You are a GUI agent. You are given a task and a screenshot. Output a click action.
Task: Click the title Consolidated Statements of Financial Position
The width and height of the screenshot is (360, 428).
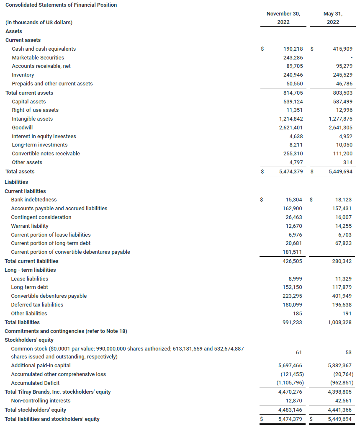coord(61,5)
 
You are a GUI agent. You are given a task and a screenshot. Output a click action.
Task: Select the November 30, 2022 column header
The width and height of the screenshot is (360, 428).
coord(283,18)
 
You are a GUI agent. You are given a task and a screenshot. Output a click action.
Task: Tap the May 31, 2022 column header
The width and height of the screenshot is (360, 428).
coord(333,18)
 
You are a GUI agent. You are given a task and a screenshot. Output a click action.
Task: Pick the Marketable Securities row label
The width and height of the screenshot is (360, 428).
coord(38,58)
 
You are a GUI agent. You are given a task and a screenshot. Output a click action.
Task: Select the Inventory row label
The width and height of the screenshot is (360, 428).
coord(23,75)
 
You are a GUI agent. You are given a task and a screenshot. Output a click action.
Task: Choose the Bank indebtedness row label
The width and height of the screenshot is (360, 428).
coord(34,200)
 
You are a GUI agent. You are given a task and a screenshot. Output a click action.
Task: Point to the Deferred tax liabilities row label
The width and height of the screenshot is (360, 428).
coord(37,305)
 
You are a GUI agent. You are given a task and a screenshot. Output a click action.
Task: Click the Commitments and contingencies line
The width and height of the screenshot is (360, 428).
coord(66,331)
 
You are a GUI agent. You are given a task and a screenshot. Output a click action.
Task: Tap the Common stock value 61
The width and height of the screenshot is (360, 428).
coord(299,353)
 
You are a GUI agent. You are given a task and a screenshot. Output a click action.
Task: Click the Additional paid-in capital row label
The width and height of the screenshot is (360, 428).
coord(41,366)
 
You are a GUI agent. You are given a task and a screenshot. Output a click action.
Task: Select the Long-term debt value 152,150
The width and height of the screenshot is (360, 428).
coord(292,287)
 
